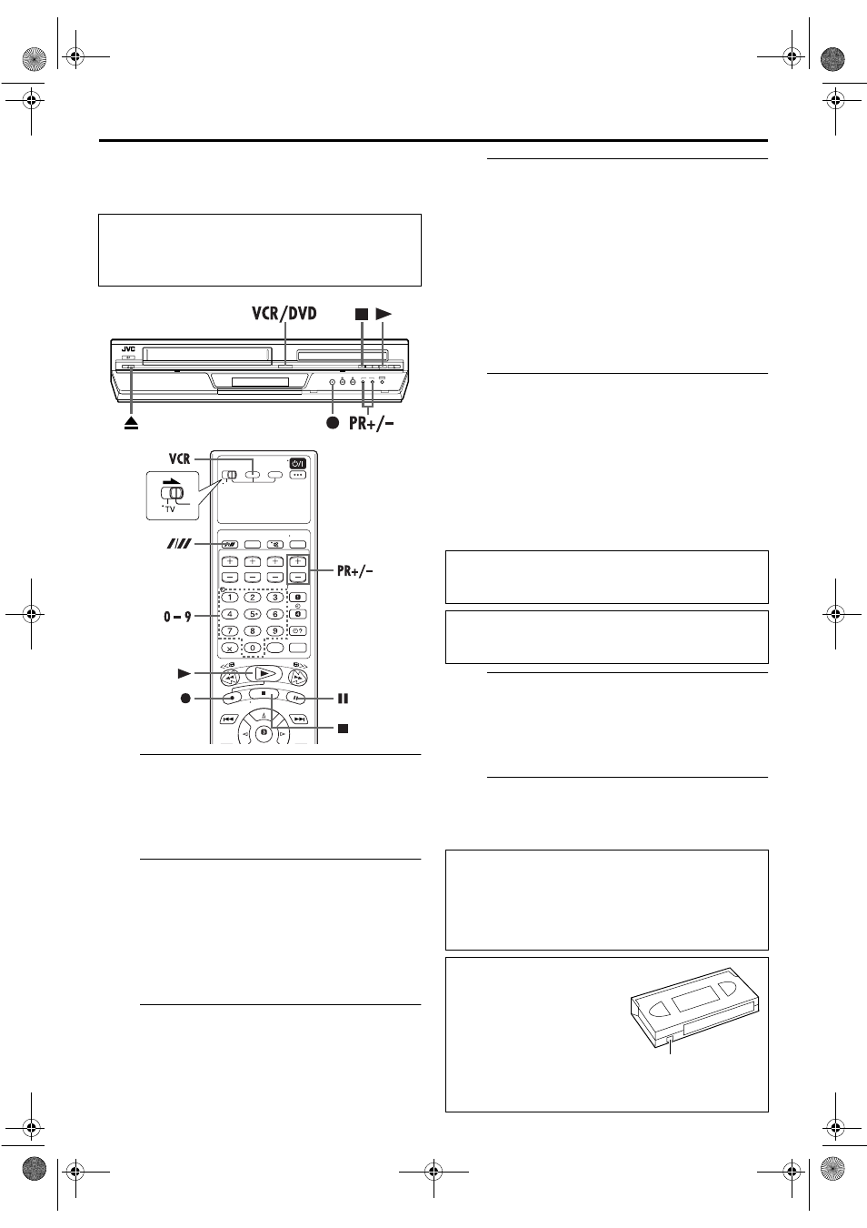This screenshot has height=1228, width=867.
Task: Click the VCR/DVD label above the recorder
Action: coord(284,314)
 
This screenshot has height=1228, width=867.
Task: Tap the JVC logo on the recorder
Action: coord(127,349)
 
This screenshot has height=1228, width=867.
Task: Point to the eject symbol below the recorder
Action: coord(131,423)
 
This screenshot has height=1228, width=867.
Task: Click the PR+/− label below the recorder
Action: coord(372,423)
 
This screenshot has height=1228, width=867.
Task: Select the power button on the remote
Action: coord(297,463)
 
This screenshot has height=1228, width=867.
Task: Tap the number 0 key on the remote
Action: coord(253,648)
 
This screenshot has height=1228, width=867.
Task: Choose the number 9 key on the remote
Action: coord(275,631)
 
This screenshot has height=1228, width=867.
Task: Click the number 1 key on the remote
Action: coord(230,598)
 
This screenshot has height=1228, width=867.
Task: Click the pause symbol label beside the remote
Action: coord(343,699)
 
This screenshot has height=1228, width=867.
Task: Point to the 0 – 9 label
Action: coord(177,617)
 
